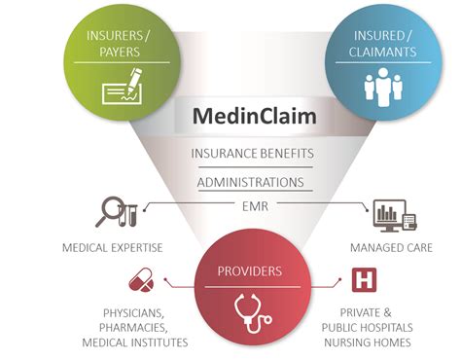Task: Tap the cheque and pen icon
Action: tap(118, 92)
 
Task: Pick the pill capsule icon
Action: tap(141, 283)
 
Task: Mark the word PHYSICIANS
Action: tap(134, 312)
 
